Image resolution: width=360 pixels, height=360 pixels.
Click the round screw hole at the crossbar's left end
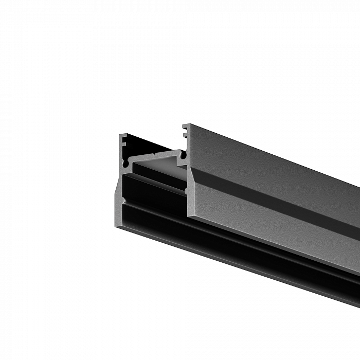pos(125,164)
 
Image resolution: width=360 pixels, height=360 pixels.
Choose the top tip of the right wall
pos(187,125)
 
